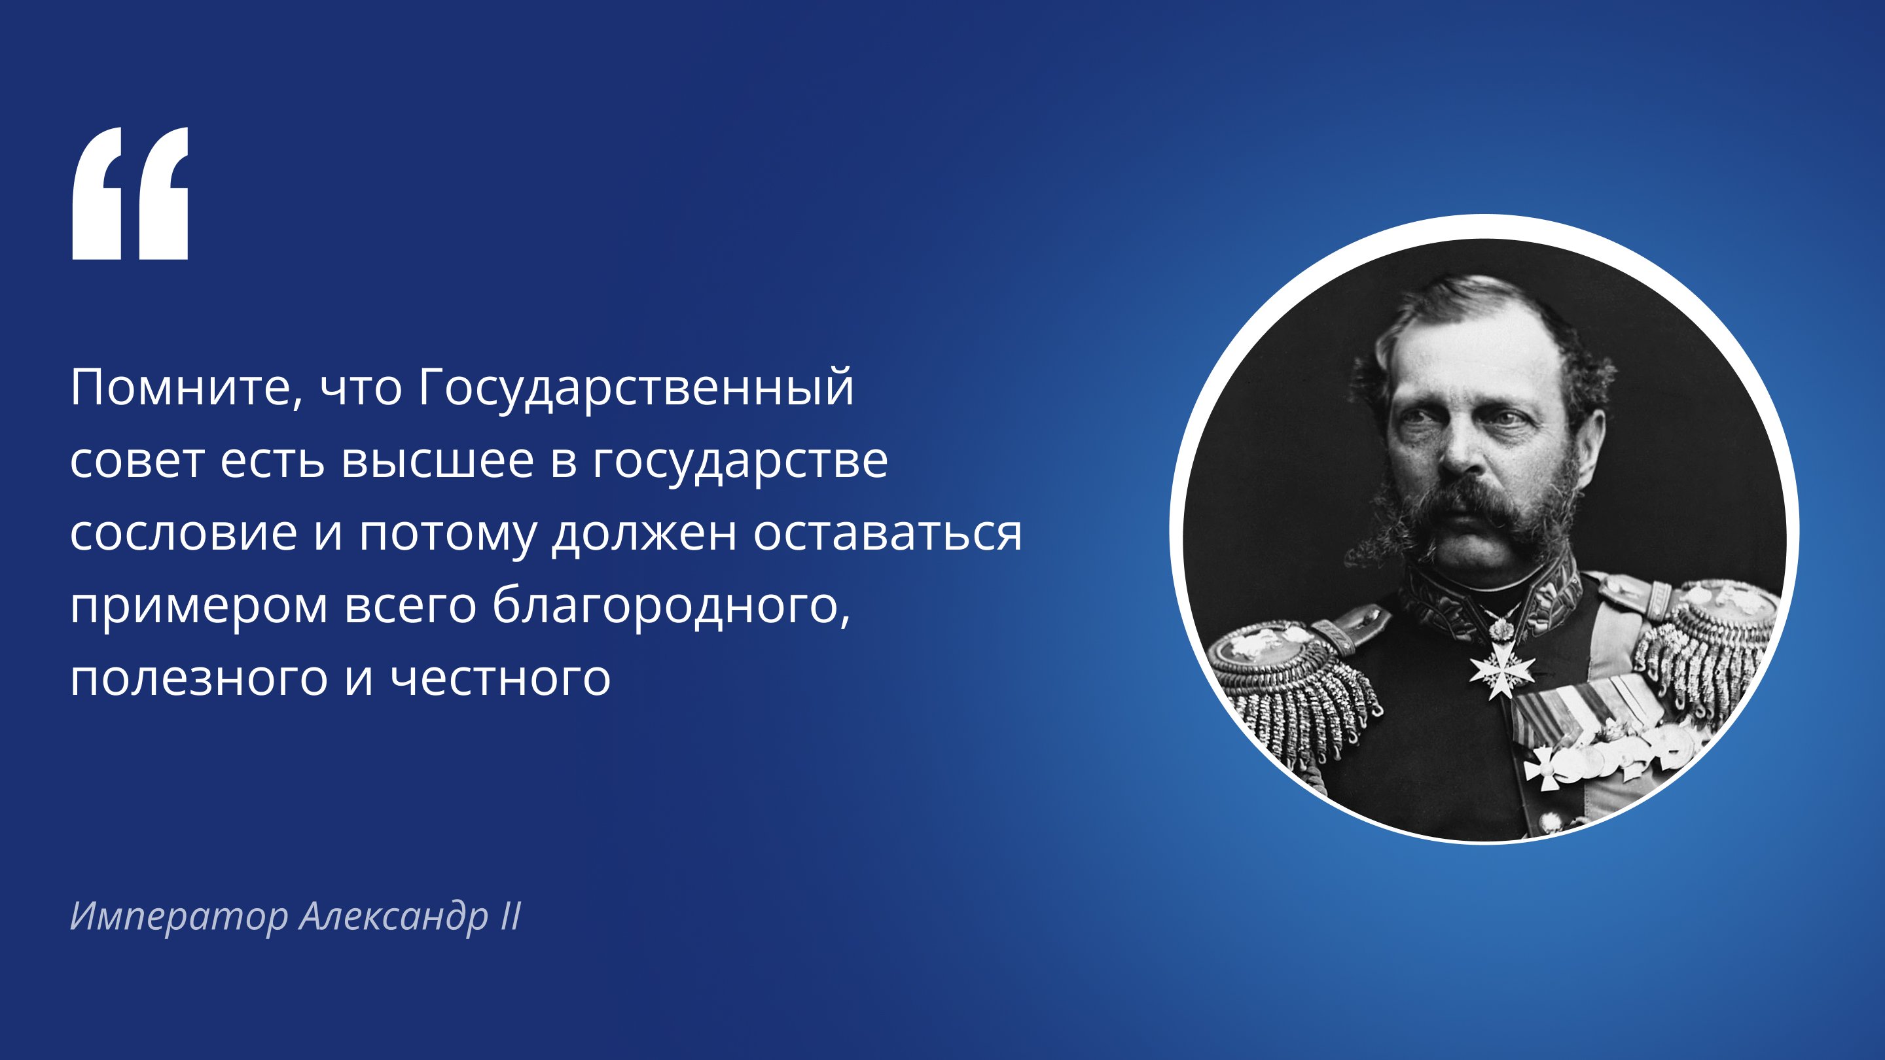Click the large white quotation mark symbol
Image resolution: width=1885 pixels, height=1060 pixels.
point(130,193)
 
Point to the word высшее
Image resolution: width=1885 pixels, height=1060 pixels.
point(438,461)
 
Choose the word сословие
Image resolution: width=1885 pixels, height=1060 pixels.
point(184,533)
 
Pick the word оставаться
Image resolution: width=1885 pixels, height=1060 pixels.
point(887,533)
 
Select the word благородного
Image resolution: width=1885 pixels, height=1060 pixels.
point(671,606)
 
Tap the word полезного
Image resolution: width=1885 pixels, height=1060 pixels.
point(199,678)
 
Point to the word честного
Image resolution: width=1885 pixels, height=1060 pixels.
point(500,678)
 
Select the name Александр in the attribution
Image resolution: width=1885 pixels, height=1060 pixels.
point(393,916)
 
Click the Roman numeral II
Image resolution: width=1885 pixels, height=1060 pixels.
point(511,916)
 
